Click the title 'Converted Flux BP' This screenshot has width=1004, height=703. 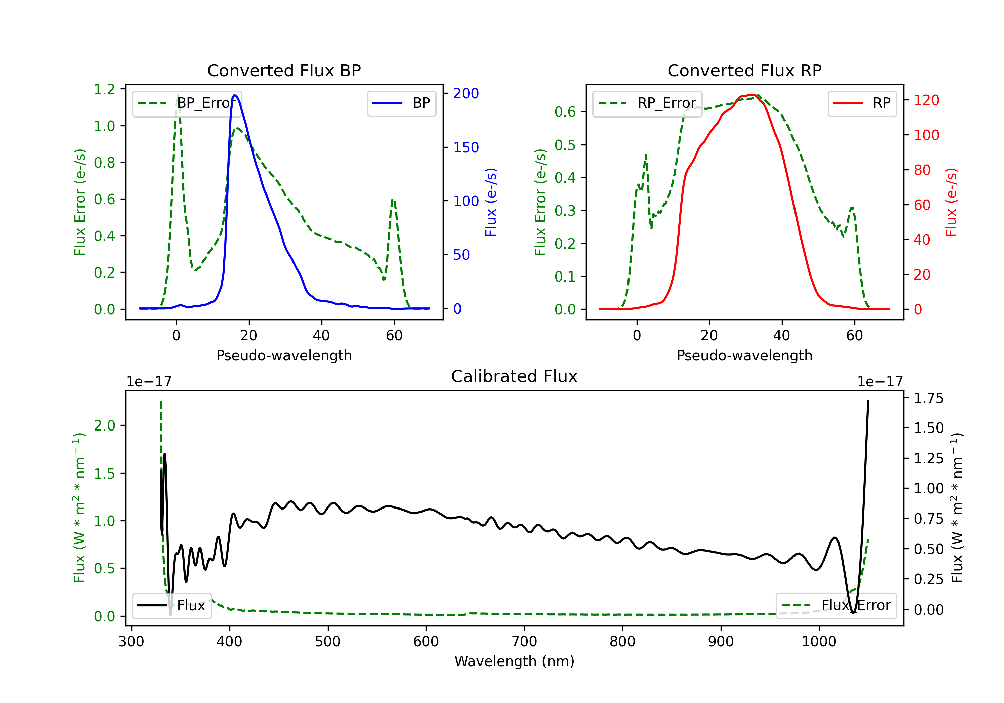[284, 70]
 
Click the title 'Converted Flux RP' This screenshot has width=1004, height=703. [744, 70]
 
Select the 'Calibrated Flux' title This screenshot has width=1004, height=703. [514, 376]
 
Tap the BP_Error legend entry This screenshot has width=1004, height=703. [187, 103]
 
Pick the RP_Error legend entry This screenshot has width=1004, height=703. [647, 103]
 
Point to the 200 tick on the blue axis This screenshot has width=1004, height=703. [466, 93]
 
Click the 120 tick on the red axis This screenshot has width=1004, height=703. [926, 100]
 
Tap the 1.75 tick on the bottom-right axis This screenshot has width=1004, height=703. [928, 398]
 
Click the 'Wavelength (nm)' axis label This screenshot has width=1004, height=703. [514, 661]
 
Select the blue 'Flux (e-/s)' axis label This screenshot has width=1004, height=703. [491, 203]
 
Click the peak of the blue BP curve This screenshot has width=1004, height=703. [235, 95]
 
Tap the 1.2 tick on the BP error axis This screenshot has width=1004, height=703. [104, 89]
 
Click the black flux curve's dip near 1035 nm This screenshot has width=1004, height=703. [853, 612]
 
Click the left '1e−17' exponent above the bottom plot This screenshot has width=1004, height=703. [149, 382]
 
